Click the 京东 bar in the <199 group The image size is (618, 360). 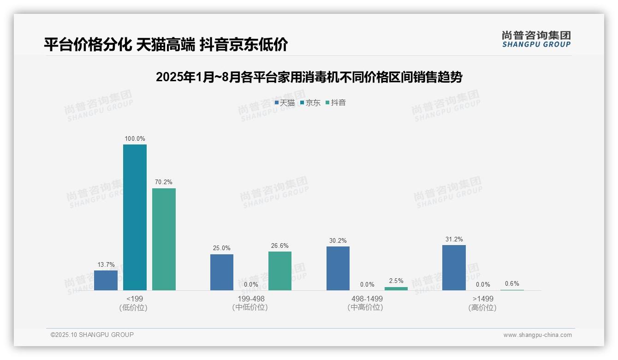(x=135, y=217)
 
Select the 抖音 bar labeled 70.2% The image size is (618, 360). (x=164, y=239)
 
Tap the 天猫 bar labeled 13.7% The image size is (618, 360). (x=106, y=280)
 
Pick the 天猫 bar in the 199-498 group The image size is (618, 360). (x=222, y=272)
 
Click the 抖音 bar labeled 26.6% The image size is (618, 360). (x=280, y=271)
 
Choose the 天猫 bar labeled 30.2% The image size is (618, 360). (x=338, y=268)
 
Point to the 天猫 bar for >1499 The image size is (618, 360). (x=454, y=268)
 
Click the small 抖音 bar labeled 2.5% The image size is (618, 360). (x=396, y=288)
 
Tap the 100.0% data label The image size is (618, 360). (x=135, y=138)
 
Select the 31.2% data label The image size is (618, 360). (x=454, y=239)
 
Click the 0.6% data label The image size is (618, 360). (x=512, y=283)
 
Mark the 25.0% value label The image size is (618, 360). (x=222, y=248)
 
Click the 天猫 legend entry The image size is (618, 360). (x=285, y=103)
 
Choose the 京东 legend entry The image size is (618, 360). (x=310, y=103)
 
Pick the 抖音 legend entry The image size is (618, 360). (x=336, y=103)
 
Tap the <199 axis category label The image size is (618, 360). (x=134, y=299)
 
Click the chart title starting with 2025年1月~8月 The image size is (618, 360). (x=309, y=77)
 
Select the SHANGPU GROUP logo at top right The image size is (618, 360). (x=536, y=39)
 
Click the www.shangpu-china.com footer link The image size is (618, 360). (x=537, y=335)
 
